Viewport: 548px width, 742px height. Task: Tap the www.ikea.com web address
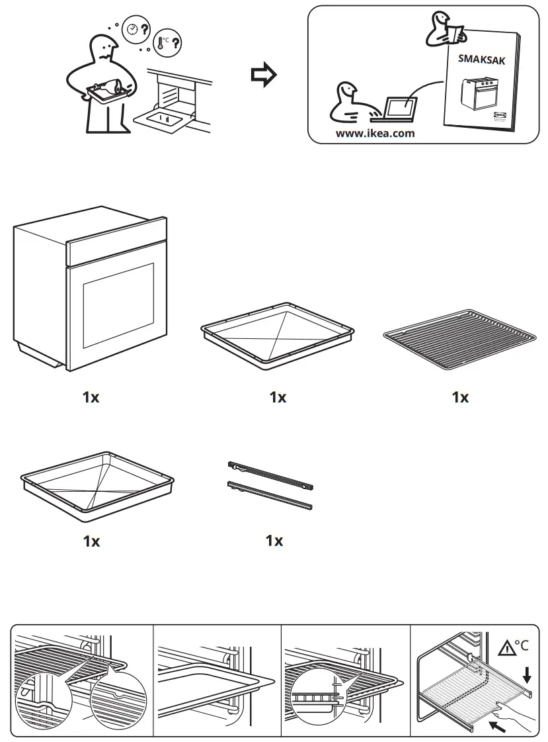point(375,132)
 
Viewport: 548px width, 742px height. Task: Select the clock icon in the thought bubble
point(132,29)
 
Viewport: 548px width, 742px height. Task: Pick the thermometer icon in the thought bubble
point(162,43)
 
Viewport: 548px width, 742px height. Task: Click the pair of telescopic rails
point(270,485)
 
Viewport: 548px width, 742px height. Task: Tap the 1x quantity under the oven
point(91,398)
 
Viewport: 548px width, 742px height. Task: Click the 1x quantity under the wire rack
point(459,398)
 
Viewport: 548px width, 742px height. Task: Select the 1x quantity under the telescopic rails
point(274,541)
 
